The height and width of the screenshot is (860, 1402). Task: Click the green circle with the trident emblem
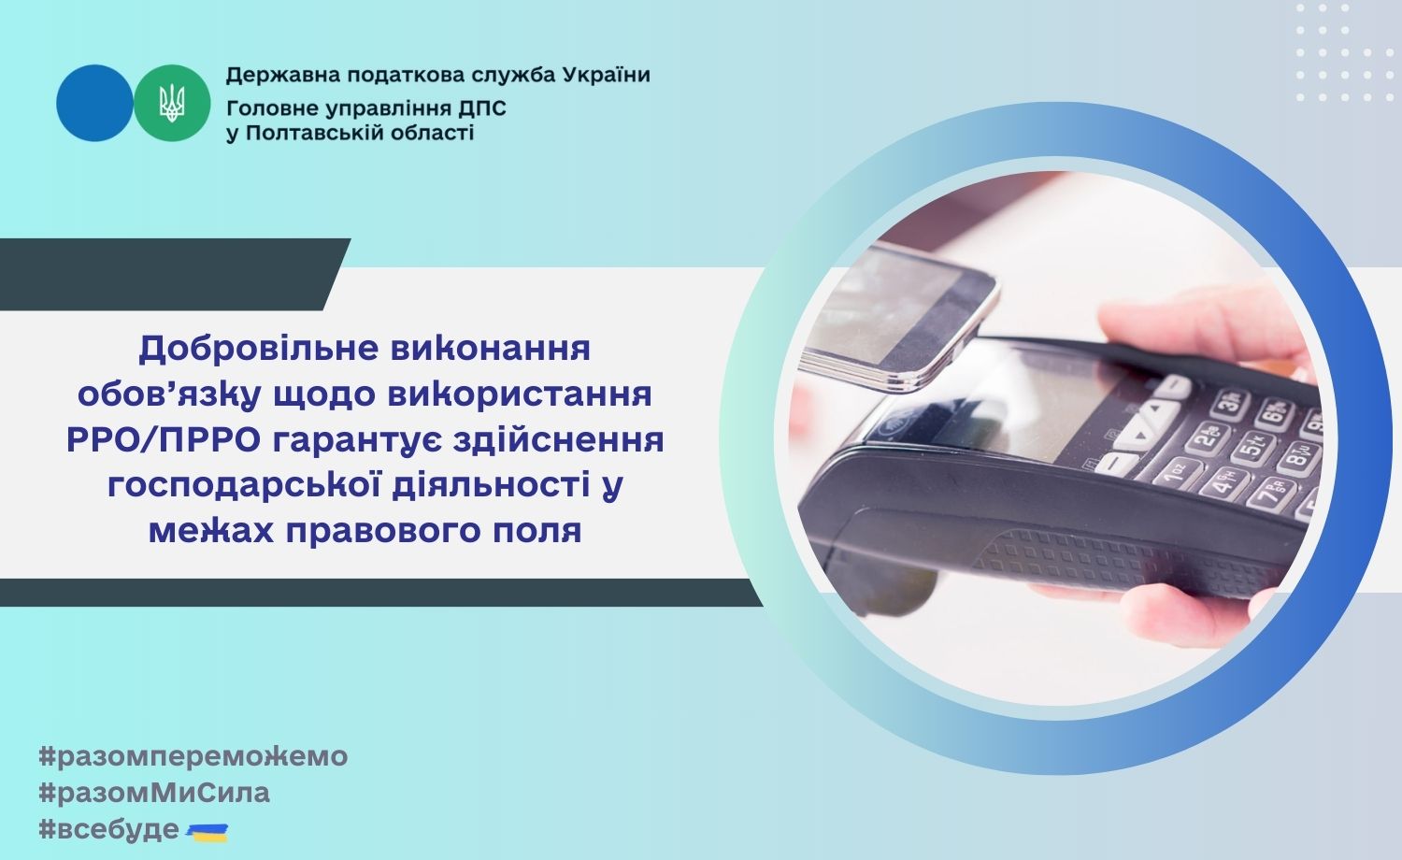tap(172, 103)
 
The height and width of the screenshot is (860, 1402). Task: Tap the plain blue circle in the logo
tap(94, 103)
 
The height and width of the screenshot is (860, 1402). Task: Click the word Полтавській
tap(315, 133)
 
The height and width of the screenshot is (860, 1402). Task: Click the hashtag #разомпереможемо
tap(193, 757)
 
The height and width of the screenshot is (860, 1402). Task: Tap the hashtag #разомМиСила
tap(154, 793)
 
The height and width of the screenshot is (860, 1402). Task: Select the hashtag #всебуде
tap(109, 830)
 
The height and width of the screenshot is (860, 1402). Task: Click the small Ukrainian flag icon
tap(207, 833)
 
